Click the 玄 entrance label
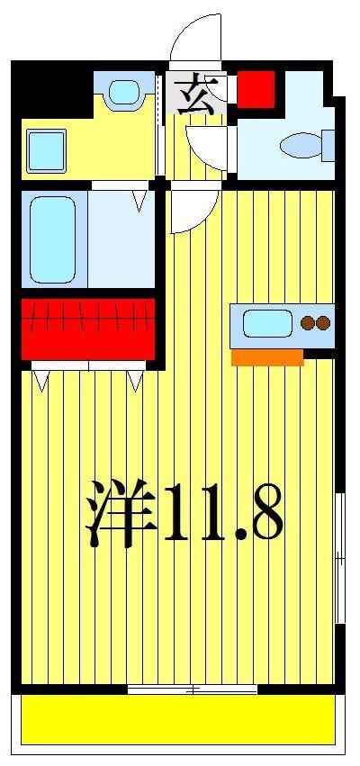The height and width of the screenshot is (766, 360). [x=197, y=94]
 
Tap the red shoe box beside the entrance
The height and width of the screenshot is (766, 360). [x=256, y=89]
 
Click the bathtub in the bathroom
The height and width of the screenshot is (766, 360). [x=53, y=239]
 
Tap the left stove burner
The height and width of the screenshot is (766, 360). [x=307, y=323]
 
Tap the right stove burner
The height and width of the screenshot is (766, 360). [x=323, y=323]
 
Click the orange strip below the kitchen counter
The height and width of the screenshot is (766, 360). [x=267, y=357]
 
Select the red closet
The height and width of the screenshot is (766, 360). [x=88, y=329]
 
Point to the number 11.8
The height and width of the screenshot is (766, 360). [x=223, y=512]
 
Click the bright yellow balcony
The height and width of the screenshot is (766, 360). [x=178, y=719]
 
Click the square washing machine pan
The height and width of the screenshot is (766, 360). [x=47, y=150]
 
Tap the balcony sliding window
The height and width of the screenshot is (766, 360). [x=193, y=689]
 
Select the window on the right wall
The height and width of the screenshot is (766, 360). [x=340, y=558]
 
